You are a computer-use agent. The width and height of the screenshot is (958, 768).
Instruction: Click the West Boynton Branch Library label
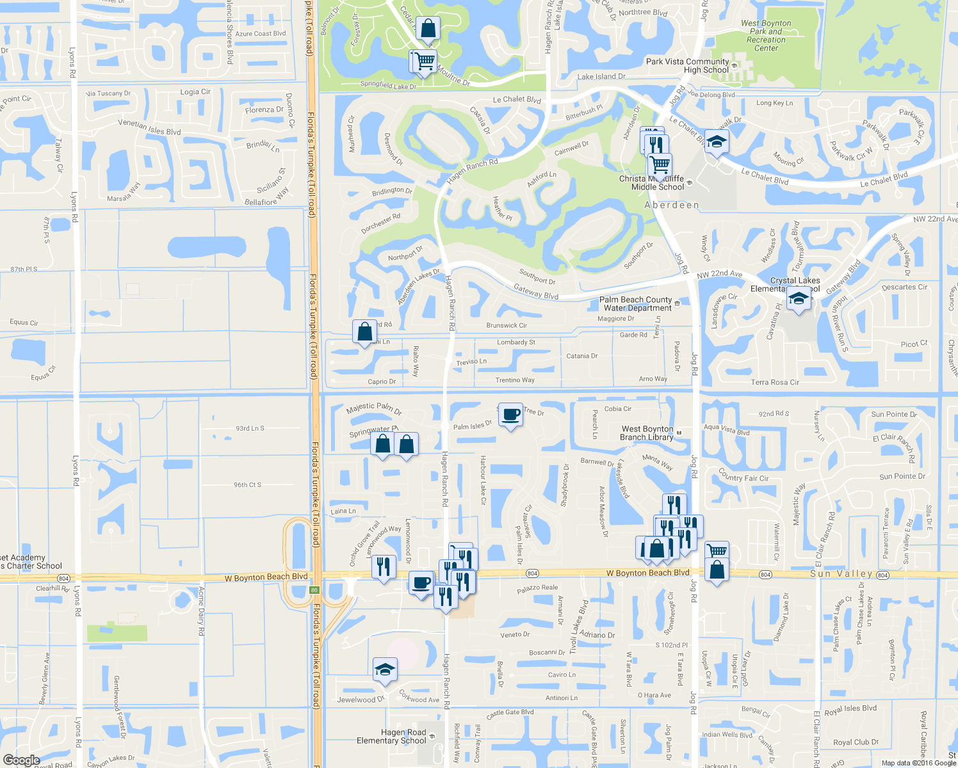pyautogui.click(x=647, y=433)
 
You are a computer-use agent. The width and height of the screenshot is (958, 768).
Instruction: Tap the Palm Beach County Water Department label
pyautogui.click(x=636, y=303)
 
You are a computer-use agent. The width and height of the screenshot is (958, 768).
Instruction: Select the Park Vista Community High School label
pyautogui.click(x=688, y=66)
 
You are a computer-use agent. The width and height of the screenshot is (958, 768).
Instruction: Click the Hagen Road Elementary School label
pyautogui.click(x=391, y=737)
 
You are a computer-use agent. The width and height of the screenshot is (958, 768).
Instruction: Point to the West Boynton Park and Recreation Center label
pyautogui.click(x=766, y=35)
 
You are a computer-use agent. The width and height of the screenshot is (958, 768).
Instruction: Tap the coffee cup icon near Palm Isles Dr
pyautogui.click(x=510, y=415)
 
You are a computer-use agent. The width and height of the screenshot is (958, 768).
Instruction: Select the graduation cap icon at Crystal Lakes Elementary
pyautogui.click(x=799, y=298)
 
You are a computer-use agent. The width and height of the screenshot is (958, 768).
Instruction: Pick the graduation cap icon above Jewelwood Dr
pyautogui.click(x=385, y=669)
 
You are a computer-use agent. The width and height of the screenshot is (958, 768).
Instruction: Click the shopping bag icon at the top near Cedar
pyautogui.click(x=428, y=29)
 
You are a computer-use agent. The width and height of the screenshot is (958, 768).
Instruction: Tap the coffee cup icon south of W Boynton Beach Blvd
pyautogui.click(x=421, y=583)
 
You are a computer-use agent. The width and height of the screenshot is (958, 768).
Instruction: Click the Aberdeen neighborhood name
pyautogui.click(x=671, y=205)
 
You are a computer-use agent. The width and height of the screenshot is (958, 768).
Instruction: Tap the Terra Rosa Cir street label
pyautogui.click(x=775, y=382)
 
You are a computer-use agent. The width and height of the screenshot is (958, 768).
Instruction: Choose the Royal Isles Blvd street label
pyautogui.click(x=850, y=710)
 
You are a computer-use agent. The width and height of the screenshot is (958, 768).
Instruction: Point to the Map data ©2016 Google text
pyautogui.click(x=918, y=763)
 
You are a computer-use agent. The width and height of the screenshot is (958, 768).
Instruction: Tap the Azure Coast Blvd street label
pyautogui.click(x=261, y=34)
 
